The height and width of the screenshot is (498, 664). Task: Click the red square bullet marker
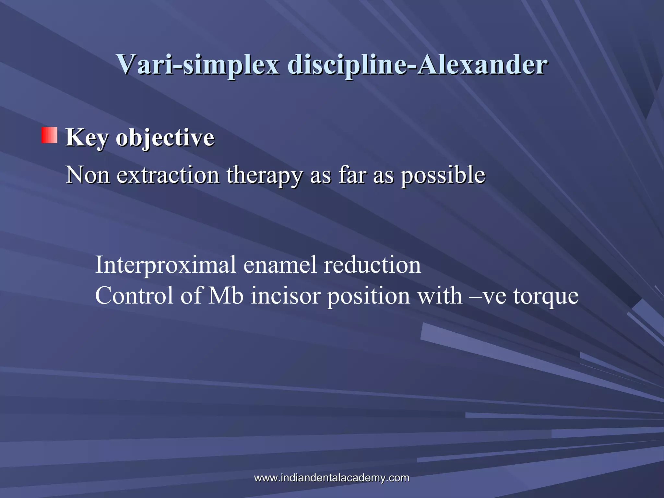coord(49,135)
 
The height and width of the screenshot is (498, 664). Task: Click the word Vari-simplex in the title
coord(198,65)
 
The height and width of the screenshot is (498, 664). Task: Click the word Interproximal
coord(165,265)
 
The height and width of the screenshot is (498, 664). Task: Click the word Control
coord(134,296)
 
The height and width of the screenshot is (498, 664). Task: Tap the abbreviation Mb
coord(226,296)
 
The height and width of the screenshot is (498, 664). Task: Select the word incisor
coord(285,296)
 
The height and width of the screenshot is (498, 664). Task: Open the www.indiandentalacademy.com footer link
coord(331,478)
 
